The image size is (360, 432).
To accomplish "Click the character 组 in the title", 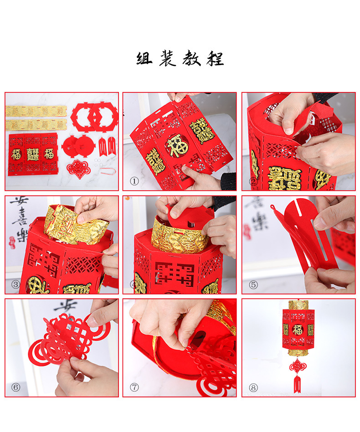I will [145, 59].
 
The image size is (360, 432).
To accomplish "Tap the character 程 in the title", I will [215, 59].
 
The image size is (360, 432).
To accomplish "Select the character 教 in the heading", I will [191, 59].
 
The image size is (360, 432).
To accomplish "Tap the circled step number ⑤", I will [253, 285].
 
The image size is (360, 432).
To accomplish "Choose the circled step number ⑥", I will [16, 387].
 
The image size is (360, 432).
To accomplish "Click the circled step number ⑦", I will [134, 387].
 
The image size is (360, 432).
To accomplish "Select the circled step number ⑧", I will [253, 387].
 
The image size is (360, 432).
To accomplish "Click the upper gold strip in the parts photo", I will [36, 111].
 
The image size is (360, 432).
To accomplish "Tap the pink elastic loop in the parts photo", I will [107, 172].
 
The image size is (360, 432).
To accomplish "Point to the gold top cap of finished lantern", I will [298, 305].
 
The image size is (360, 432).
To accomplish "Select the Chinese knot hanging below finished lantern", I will [298, 365].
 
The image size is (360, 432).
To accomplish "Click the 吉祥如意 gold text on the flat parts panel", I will [33, 154].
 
